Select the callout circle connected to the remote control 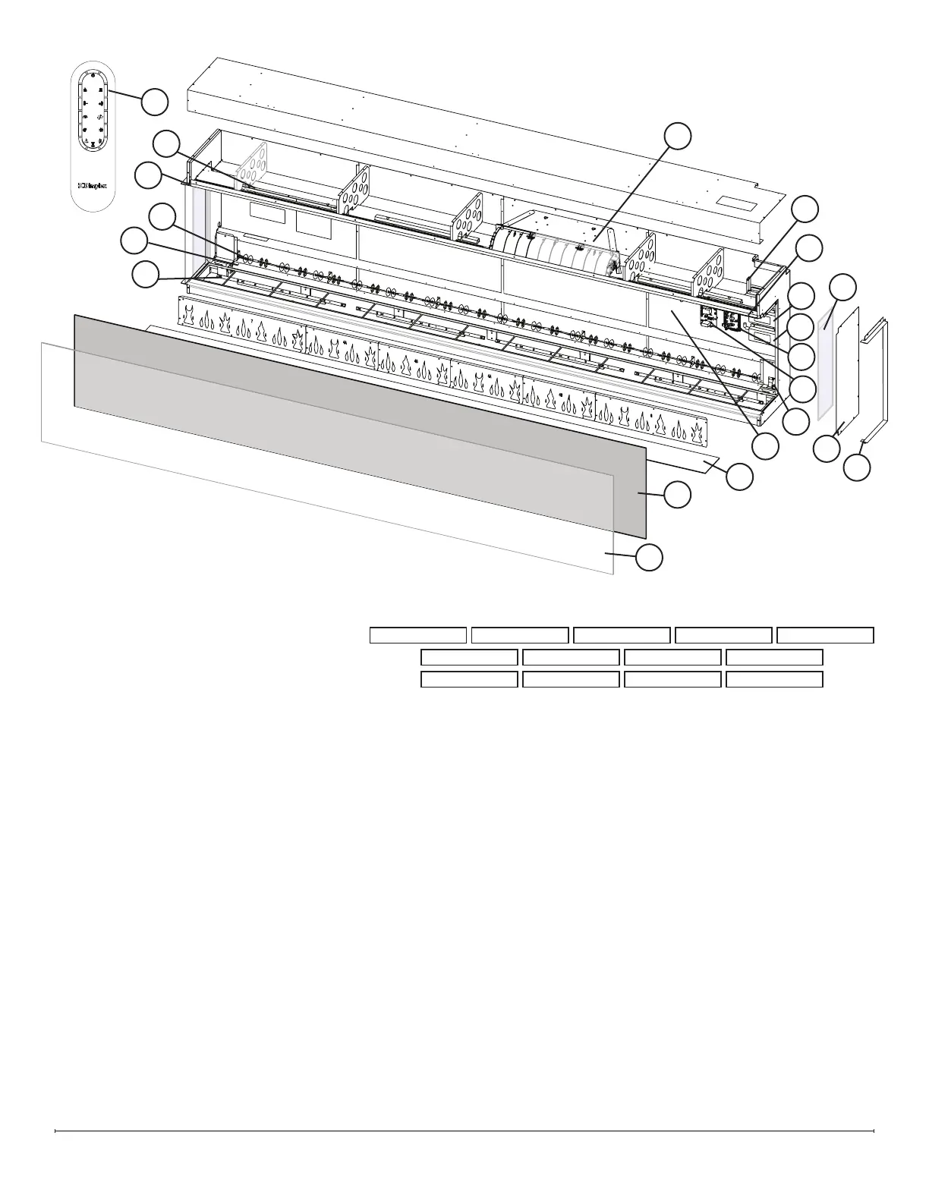[x=156, y=102]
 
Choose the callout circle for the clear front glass [x=649, y=557]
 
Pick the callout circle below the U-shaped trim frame [x=858, y=466]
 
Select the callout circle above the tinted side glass [x=842, y=288]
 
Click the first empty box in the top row [x=417, y=635]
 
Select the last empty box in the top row [x=826, y=635]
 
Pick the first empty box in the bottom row [x=469, y=679]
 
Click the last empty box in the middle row [x=774, y=657]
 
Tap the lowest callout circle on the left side [x=146, y=274]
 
